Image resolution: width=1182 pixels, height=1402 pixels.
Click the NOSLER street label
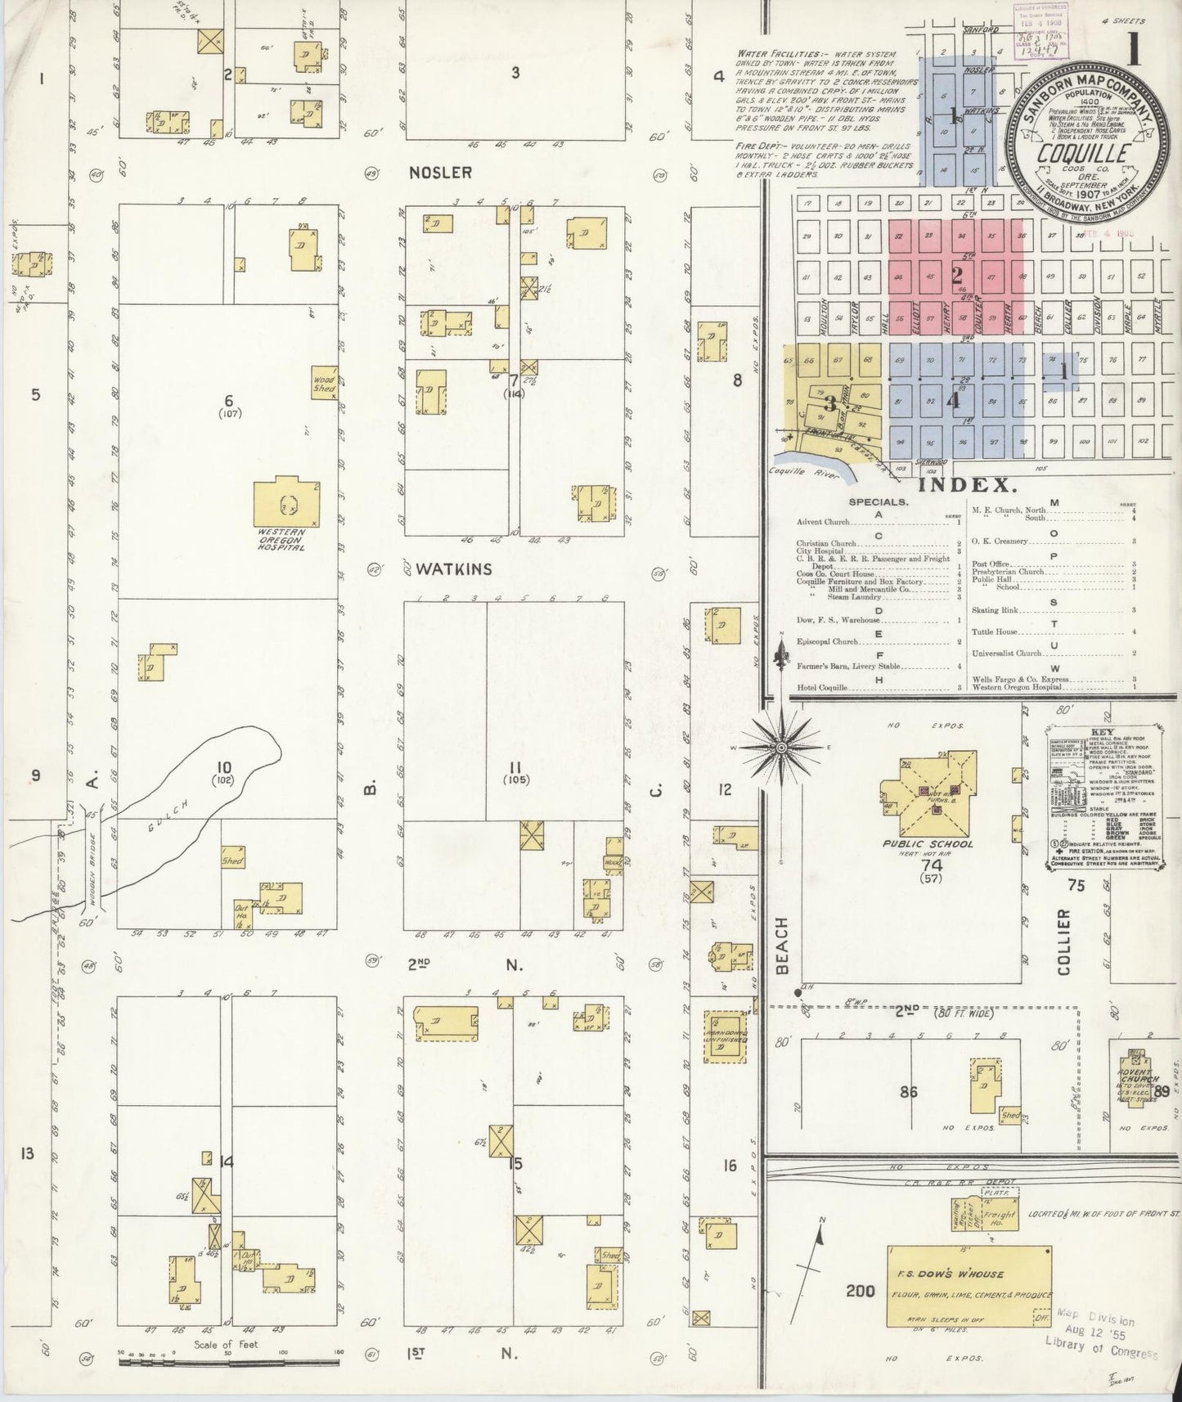442,173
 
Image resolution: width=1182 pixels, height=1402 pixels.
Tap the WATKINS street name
453,568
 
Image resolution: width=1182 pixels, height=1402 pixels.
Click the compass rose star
780,747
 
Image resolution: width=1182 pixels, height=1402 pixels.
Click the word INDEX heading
968,485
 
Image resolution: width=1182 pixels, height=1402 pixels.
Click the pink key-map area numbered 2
955,275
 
